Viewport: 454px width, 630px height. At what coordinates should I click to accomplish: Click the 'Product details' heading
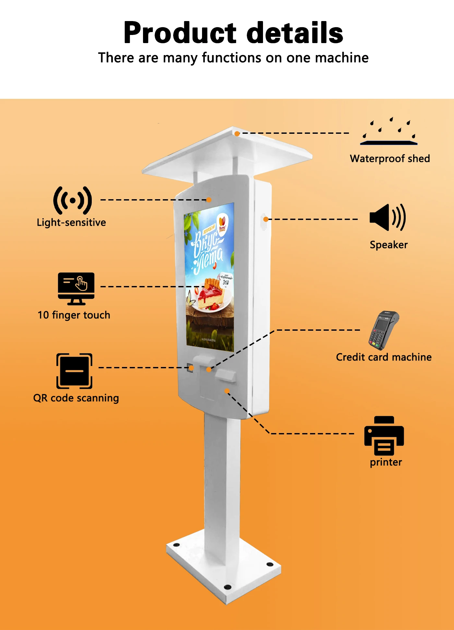(233, 33)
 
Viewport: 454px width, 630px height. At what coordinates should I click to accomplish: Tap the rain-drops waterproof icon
(389, 131)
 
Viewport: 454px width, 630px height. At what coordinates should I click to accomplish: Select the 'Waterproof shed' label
(390, 158)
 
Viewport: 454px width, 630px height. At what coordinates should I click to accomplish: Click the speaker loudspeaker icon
(388, 217)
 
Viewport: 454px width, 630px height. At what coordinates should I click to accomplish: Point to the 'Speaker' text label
(388, 245)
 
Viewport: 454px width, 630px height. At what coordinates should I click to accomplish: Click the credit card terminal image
(383, 330)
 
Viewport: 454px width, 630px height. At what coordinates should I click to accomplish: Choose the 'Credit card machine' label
(384, 357)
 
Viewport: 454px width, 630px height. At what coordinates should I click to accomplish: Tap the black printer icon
(384, 435)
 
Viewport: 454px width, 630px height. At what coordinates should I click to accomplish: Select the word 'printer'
(386, 462)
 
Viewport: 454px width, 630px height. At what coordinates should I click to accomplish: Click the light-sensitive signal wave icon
(72, 200)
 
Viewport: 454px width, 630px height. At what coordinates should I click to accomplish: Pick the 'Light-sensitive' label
(71, 223)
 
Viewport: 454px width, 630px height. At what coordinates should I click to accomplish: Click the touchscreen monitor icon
(76, 288)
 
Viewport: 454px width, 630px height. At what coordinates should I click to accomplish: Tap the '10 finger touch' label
(74, 315)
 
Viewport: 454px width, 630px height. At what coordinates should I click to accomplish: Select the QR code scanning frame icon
(74, 371)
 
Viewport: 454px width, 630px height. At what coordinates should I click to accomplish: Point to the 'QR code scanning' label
(76, 398)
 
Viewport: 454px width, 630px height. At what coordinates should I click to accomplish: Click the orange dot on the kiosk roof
(237, 133)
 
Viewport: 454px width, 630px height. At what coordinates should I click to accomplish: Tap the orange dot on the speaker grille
(266, 219)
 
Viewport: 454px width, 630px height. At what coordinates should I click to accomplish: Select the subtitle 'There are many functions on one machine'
(233, 58)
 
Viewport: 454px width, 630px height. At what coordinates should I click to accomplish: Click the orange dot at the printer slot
(227, 391)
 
